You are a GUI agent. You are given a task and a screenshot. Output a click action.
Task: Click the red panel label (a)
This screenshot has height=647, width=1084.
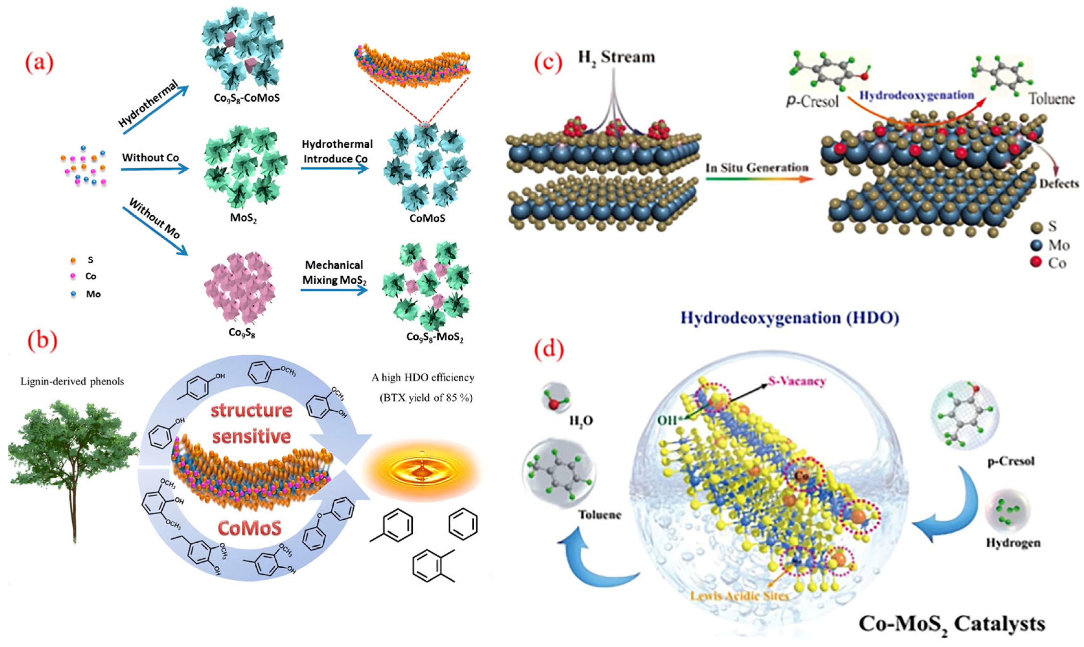point(40,63)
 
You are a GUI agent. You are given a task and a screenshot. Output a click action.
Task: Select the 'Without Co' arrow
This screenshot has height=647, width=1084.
point(155,169)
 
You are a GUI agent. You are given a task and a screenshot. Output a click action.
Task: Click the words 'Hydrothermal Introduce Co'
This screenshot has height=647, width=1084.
point(337,151)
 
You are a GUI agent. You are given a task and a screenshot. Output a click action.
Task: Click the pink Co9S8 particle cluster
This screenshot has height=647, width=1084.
point(239,287)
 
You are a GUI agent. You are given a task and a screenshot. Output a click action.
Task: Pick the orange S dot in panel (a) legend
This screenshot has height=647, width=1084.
point(73,260)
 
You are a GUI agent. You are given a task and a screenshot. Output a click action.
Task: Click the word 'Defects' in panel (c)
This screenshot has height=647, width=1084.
point(1058,184)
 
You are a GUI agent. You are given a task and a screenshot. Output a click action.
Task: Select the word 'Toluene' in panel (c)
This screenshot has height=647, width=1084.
point(1051,99)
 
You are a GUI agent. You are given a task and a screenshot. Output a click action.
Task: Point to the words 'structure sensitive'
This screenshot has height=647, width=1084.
point(252,423)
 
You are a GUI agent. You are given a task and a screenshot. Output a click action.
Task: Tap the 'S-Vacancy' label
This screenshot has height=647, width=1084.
point(797,381)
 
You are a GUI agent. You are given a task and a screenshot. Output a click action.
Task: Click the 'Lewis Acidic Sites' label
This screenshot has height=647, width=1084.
point(740,596)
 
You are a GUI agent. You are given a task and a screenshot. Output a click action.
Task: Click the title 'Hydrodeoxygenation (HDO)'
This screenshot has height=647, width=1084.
point(790,318)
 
